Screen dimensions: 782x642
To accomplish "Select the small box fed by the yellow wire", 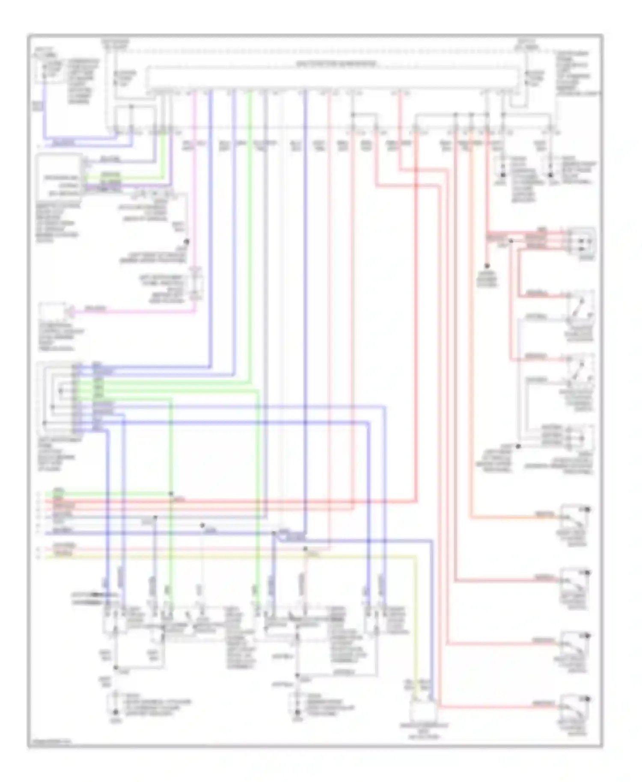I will click(423, 710).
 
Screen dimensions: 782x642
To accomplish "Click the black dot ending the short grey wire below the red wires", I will click(487, 266).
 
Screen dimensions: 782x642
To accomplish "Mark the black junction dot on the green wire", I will click(171, 493).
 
